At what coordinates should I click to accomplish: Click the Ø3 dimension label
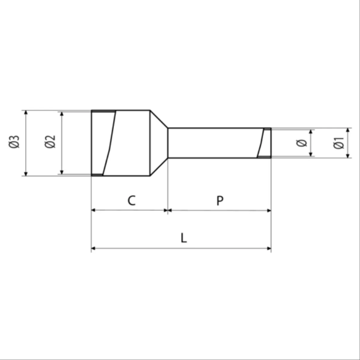click(14, 142)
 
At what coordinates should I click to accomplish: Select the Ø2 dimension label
click(50, 142)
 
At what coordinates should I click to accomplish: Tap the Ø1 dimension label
click(338, 143)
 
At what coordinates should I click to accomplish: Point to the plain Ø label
click(301, 143)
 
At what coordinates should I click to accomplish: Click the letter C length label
click(131, 200)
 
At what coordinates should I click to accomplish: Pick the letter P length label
click(220, 200)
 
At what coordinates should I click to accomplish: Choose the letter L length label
click(184, 238)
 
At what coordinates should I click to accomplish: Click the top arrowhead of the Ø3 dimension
click(26, 112)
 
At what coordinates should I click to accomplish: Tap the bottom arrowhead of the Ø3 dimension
click(26, 174)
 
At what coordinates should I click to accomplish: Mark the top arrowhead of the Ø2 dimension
click(62, 114)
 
